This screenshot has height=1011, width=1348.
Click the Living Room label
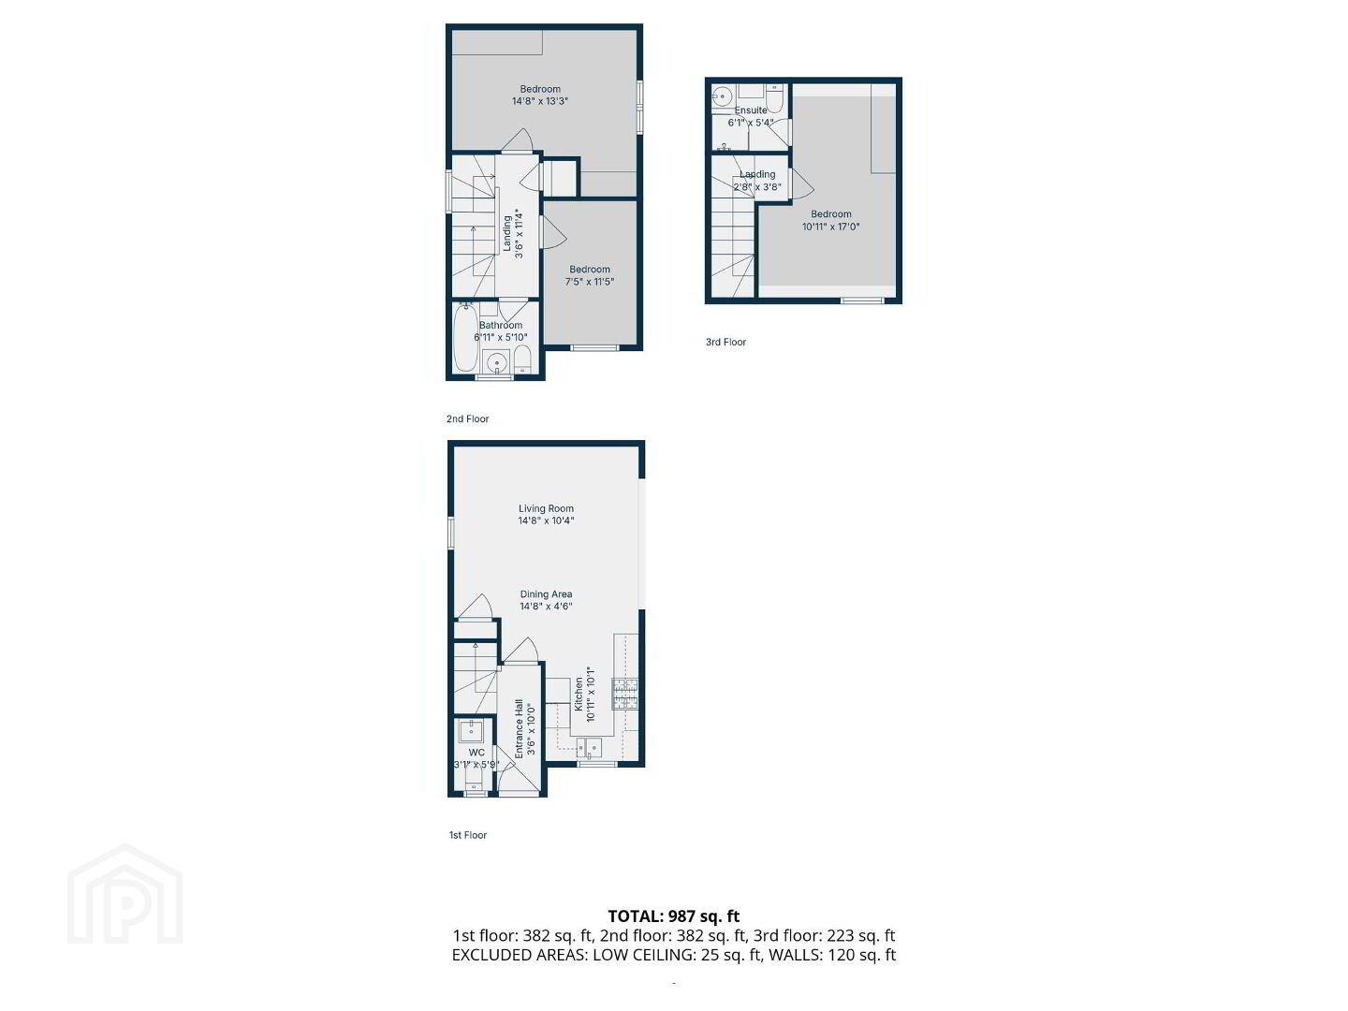pyautogui.click(x=546, y=508)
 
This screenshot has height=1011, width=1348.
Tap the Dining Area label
pyautogui.click(x=546, y=594)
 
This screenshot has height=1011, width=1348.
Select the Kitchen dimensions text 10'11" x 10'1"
pyautogui.click(x=590, y=694)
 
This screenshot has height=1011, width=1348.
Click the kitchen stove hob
pyautogui.click(x=624, y=695)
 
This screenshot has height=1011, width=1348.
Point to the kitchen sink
pyautogui.click(x=588, y=748)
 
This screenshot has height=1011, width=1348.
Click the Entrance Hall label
pyautogui.click(x=519, y=728)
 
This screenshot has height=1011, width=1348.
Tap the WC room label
pyautogui.click(x=476, y=753)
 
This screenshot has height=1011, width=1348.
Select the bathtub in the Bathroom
pyautogui.click(x=465, y=338)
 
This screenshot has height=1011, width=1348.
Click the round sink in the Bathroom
pyautogui.click(x=496, y=363)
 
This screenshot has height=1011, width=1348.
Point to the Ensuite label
pyautogui.click(x=751, y=110)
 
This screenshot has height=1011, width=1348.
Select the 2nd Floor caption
pyautogui.click(x=467, y=418)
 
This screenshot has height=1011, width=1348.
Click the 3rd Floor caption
pyautogui.click(x=725, y=342)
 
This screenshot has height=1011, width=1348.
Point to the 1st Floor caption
pyautogui.click(x=467, y=835)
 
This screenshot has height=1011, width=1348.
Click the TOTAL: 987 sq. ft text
pyautogui.click(x=674, y=916)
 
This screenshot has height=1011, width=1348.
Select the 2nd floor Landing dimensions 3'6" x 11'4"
pyautogui.click(x=519, y=233)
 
